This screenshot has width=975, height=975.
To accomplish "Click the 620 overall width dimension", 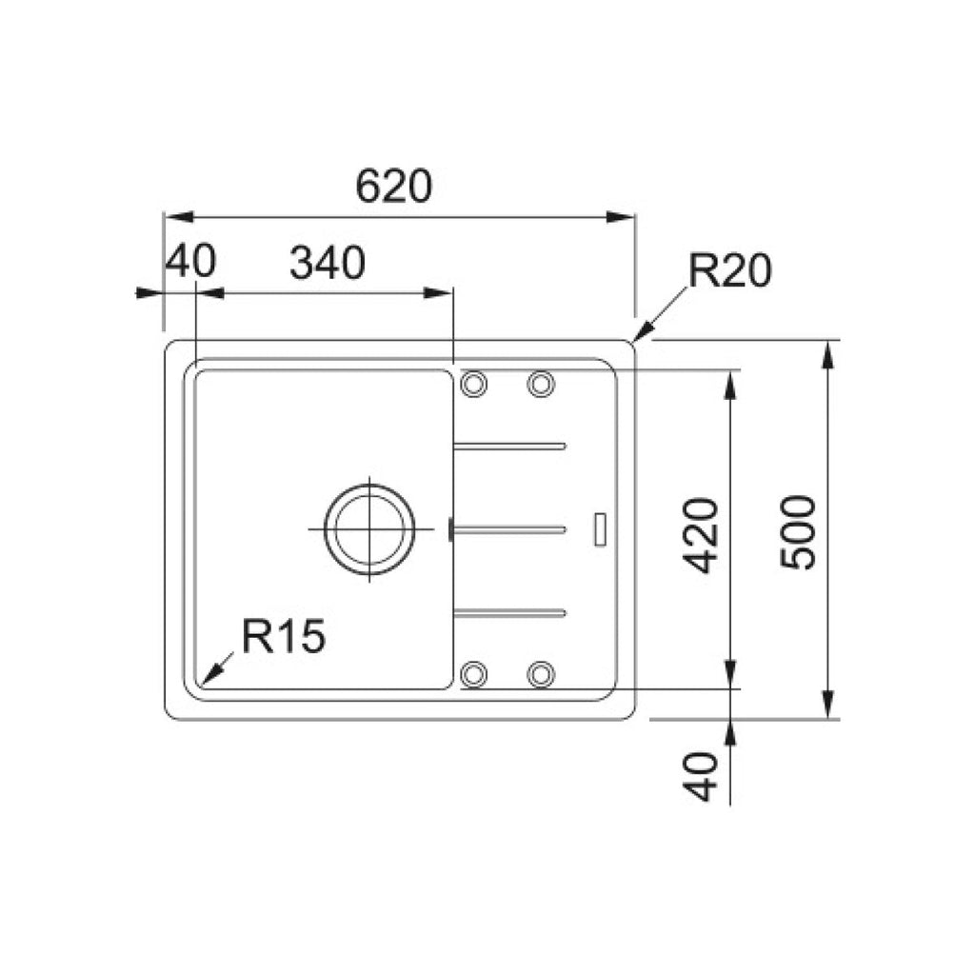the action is click(393, 186).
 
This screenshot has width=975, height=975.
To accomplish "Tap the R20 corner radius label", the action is click(729, 271).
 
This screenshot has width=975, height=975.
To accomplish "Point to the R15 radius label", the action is click(284, 636).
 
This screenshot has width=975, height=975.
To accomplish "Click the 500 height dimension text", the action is click(798, 532).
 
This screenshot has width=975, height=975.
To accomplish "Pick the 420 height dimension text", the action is click(701, 535).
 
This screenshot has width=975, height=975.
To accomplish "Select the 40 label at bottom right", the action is click(701, 777).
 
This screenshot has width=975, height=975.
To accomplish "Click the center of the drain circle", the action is click(369, 529).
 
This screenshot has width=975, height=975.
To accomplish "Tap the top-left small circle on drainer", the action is click(473, 385).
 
